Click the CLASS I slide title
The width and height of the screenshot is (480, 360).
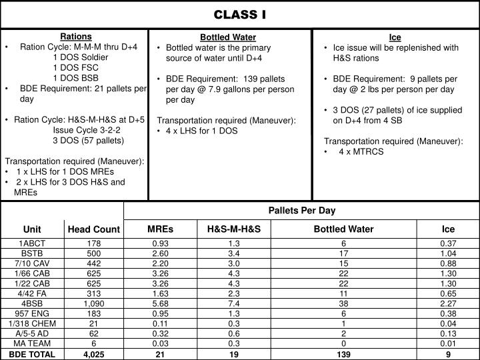(239, 14)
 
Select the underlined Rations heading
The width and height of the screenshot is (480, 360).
(76, 36)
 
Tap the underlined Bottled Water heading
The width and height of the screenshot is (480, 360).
(228, 37)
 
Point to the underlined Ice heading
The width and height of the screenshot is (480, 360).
(395, 37)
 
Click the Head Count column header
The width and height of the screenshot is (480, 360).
(94, 229)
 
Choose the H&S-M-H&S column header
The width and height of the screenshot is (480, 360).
(234, 229)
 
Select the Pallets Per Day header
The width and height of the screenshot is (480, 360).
(302, 211)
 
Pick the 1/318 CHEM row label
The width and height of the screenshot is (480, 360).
(32, 323)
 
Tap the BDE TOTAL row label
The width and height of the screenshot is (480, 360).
(32, 354)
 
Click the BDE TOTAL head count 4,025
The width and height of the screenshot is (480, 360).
(94, 354)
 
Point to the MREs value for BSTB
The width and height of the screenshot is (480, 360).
(161, 254)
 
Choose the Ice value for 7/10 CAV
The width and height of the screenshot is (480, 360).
(448, 264)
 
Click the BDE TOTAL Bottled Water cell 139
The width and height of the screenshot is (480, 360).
(344, 354)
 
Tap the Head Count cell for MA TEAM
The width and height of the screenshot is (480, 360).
(94, 343)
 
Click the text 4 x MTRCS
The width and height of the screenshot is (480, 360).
(361, 151)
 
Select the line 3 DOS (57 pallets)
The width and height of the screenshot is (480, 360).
(88, 141)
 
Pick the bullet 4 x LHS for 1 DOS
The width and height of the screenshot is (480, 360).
(201, 131)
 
